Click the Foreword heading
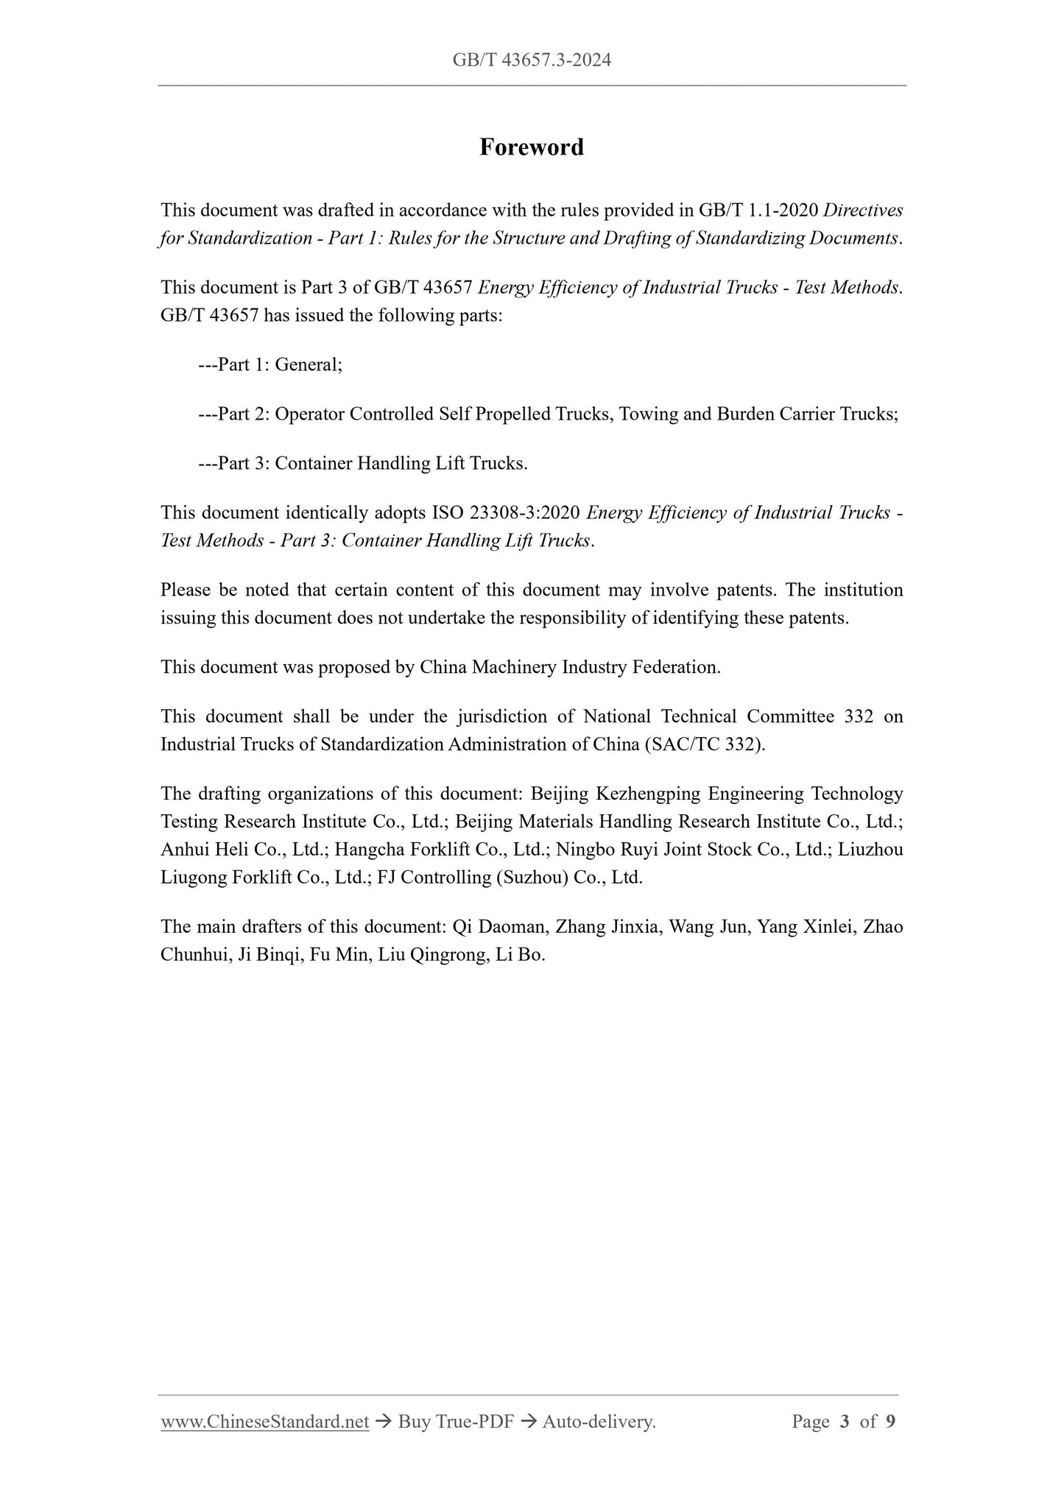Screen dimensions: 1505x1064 pyautogui.click(x=532, y=147)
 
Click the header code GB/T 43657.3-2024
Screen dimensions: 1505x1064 pyautogui.click(x=532, y=60)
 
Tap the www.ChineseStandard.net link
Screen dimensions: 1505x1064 pyautogui.click(x=264, y=1422)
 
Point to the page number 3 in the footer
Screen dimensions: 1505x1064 pyautogui.click(x=845, y=1422)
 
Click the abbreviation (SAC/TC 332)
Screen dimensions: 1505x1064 pyautogui.click(x=705, y=744)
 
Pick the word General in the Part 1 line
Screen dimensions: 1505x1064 pyautogui.click(x=307, y=364)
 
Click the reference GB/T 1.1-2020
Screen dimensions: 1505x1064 pyautogui.click(x=758, y=211)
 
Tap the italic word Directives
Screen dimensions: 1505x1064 pyautogui.click(x=863, y=211)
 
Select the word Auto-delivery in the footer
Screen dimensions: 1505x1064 pyautogui.click(x=598, y=1422)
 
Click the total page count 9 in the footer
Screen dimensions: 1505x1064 pyautogui.click(x=891, y=1422)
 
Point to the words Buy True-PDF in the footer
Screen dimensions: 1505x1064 pyautogui.click(x=455, y=1422)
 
